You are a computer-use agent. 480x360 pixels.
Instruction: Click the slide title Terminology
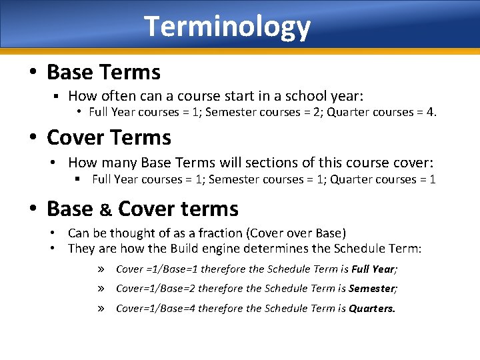click(x=227, y=27)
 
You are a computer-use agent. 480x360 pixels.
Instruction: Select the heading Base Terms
click(x=103, y=71)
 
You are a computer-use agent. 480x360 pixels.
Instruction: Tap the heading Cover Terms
click(x=109, y=137)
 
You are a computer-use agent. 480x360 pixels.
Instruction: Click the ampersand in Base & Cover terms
click(x=105, y=209)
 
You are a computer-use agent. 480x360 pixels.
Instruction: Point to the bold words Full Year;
click(x=375, y=269)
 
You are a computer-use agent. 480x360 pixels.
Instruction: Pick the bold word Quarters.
click(x=372, y=309)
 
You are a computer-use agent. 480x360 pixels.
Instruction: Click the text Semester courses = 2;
click(x=257, y=112)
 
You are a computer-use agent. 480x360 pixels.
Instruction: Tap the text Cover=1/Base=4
click(x=155, y=309)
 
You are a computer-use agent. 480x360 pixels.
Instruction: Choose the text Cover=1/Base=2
click(x=155, y=289)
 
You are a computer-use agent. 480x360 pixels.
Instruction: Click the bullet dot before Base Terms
click(x=33, y=72)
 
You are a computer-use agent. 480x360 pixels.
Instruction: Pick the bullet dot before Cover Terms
click(x=33, y=138)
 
